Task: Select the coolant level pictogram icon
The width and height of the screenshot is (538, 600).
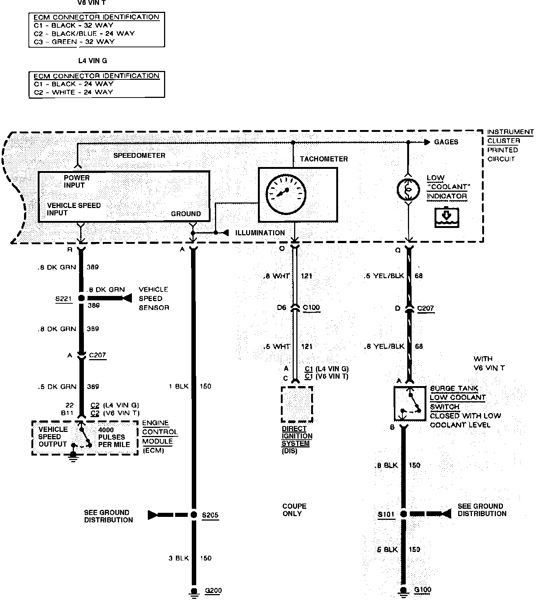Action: (x=447, y=217)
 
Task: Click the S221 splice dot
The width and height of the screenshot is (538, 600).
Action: (x=81, y=298)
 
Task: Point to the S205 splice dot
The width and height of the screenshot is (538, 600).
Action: (x=193, y=515)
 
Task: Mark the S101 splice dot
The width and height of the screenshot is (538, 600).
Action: (x=403, y=514)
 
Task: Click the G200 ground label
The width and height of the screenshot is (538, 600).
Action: (x=213, y=590)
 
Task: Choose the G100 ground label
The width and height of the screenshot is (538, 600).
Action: (x=422, y=589)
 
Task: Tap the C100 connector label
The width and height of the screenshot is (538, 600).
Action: (x=311, y=307)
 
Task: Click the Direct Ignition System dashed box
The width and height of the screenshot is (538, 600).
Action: (x=297, y=404)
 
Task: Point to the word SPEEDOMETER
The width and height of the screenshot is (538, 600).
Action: (x=139, y=155)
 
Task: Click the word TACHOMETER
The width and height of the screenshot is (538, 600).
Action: (x=324, y=159)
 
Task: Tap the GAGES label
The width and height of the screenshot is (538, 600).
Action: (x=446, y=142)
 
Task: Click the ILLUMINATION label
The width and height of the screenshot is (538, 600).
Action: (x=260, y=233)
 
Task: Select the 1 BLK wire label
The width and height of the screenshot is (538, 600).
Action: (x=179, y=386)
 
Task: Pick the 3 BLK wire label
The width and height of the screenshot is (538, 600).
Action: (x=179, y=558)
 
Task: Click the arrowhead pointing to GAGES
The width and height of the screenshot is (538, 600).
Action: (x=427, y=142)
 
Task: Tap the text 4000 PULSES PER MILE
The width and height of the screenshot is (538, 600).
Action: (x=114, y=437)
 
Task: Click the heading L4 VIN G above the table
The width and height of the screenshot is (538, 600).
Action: (x=92, y=61)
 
